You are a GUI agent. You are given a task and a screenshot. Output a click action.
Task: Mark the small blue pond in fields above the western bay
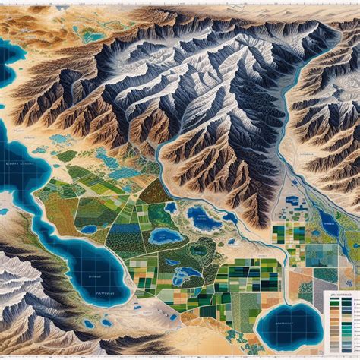point(90,229)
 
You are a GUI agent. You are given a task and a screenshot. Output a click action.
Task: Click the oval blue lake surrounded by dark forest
point(163,236)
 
